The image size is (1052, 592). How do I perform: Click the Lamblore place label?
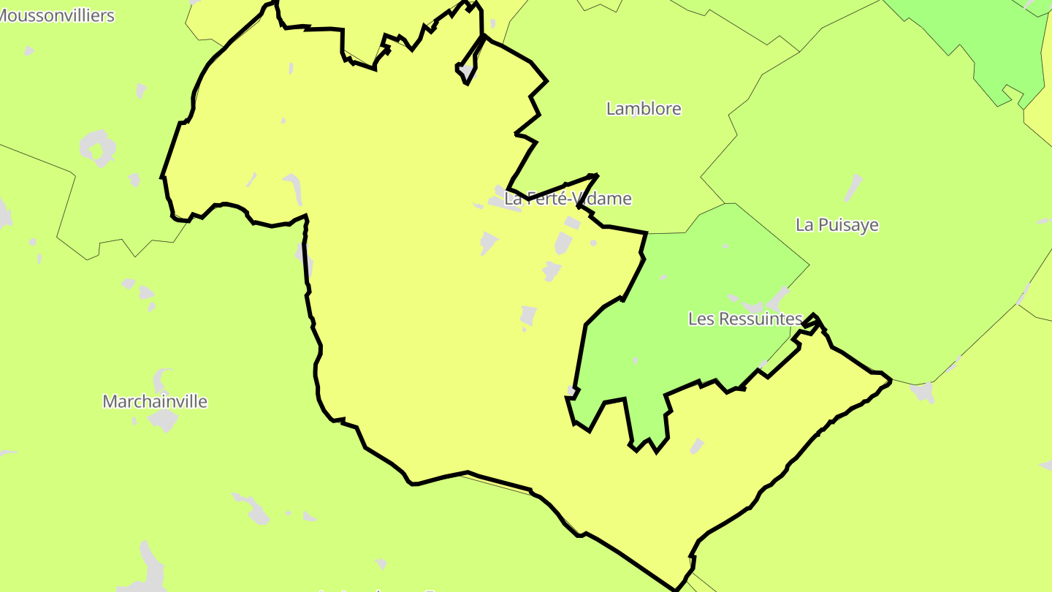click(644, 109)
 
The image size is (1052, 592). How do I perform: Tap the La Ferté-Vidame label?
click(568, 198)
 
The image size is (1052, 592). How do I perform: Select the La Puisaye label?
click(836, 224)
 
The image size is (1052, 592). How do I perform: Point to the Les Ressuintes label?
click(745, 319)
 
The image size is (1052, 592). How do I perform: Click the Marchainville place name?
click(155, 401)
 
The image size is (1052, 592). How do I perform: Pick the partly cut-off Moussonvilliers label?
click(57, 15)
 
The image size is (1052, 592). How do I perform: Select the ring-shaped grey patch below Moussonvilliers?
click(98, 148)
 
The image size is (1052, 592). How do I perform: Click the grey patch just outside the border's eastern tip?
click(923, 392)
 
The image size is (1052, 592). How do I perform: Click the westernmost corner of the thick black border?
click(162, 177)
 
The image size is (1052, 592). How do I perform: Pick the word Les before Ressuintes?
click(701, 319)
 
